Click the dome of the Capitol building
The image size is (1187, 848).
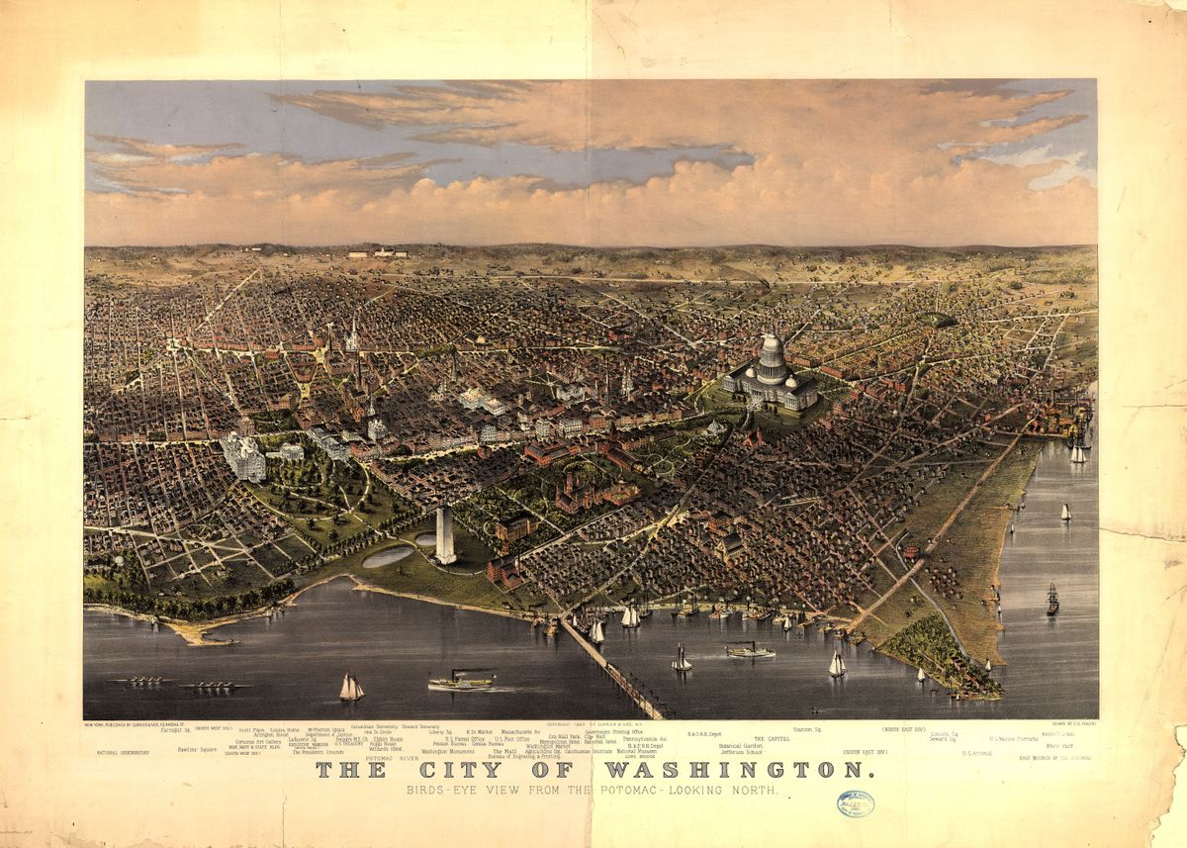coord(771,352)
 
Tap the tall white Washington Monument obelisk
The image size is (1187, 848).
coord(444,534)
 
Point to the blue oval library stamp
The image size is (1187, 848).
coord(855,803)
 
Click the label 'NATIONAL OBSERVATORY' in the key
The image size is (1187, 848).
coord(123,753)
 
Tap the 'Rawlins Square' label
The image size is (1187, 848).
coord(197,749)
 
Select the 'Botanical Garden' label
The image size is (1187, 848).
coord(741,745)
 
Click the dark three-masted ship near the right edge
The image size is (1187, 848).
coord(1052,600)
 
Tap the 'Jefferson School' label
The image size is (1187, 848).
coord(741,752)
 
